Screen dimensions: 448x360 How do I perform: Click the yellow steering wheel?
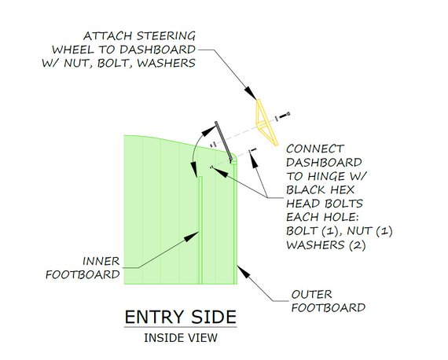coord(266,123)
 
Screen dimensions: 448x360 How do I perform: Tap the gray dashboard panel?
coord(224,141)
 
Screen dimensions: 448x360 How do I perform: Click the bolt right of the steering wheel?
coord(285,116)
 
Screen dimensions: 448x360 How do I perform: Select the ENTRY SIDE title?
coord(181,317)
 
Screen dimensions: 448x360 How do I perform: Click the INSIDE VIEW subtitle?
coord(181,338)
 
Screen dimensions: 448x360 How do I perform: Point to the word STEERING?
coord(166,36)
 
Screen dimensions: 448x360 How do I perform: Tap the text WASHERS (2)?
coord(326,245)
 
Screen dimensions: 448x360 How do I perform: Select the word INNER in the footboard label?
coord(101,261)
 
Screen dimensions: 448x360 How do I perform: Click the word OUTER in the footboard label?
coord(312,294)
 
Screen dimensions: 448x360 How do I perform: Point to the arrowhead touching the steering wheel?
coord(251,93)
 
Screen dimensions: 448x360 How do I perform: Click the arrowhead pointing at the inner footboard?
coord(191,237)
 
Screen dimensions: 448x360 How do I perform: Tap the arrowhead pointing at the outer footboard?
coord(244,271)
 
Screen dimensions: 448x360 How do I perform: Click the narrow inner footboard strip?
coord(200,230)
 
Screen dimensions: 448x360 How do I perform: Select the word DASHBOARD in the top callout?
coord(157,50)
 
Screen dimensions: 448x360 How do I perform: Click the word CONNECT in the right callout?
coord(315,149)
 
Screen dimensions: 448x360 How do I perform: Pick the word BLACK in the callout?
coord(306,189)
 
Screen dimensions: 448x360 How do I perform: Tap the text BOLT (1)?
coord(314,231)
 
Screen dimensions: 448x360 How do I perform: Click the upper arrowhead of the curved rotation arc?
coord(209,130)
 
